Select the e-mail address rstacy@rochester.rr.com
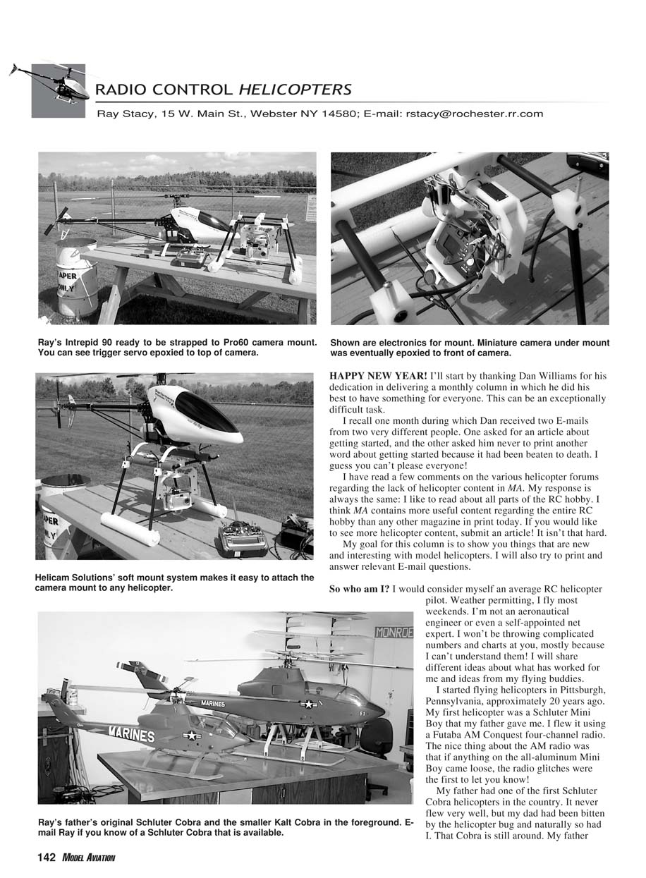[x=474, y=113]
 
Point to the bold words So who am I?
[x=359, y=589]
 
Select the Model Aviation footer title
[x=87, y=858]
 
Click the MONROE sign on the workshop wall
[x=394, y=633]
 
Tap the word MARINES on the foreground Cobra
[x=131, y=735]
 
